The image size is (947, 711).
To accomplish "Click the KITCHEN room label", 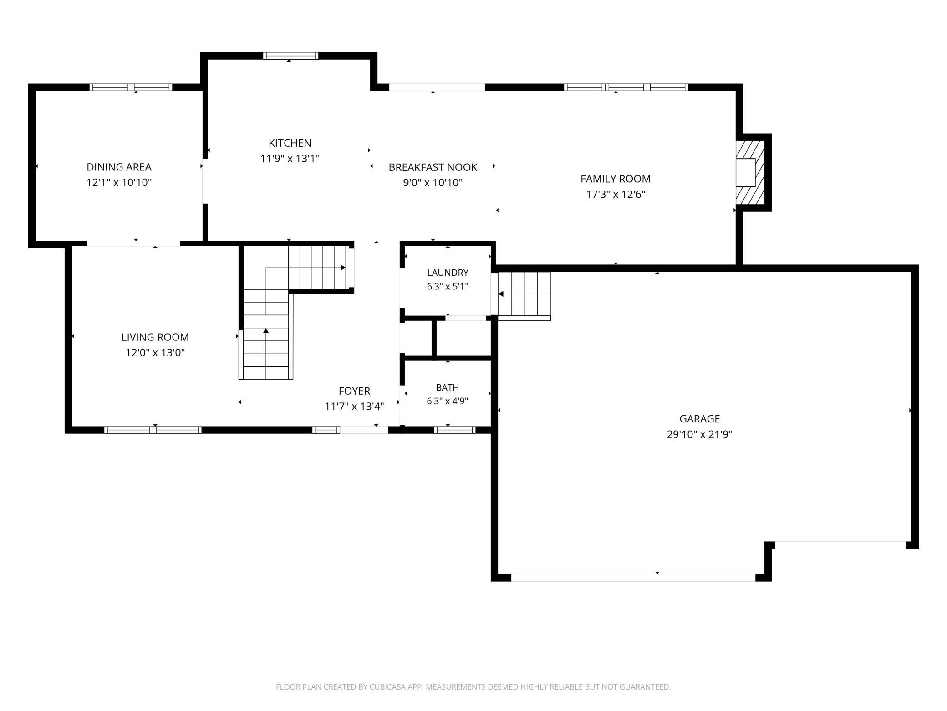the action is pyautogui.click(x=290, y=143).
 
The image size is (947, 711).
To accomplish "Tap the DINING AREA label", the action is pyautogui.click(x=119, y=167).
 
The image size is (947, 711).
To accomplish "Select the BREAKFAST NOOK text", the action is pyautogui.click(x=433, y=167).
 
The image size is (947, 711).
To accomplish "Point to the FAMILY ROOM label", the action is pyautogui.click(x=616, y=179).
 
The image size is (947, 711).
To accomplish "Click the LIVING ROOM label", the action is pyautogui.click(x=155, y=337).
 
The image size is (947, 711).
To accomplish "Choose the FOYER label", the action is pyautogui.click(x=354, y=391).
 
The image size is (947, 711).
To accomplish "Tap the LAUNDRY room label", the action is pyautogui.click(x=448, y=273).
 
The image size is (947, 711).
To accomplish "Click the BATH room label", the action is pyautogui.click(x=448, y=387).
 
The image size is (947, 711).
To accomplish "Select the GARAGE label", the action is pyautogui.click(x=700, y=419).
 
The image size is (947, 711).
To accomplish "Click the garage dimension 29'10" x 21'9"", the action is pyautogui.click(x=700, y=434).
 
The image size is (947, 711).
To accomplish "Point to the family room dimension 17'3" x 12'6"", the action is pyautogui.click(x=616, y=195).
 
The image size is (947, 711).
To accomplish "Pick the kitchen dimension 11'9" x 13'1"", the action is pyautogui.click(x=290, y=159).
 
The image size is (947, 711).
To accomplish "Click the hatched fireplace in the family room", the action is pyautogui.click(x=750, y=172).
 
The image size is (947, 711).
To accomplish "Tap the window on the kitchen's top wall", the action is pyautogui.click(x=290, y=56).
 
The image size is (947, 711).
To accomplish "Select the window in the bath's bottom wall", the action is pyautogui.click(x=455, y=430).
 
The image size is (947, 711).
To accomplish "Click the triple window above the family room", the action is pyautogui.click(x=626, y=87).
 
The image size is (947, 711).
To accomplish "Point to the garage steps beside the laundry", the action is pyautogui.click(x=524, y=295).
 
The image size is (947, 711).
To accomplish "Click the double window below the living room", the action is pyautogui.click(x=153, y=430).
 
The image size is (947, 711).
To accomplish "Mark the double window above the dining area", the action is pyautogui.click(x=131, y=87).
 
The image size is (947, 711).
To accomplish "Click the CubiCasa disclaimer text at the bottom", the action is pyautogui.click(x=473, y=686).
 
